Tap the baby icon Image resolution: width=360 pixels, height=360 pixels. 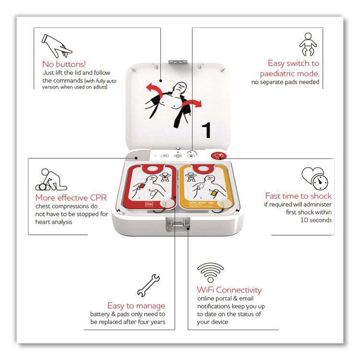pyautogui.click(x=308, y=45)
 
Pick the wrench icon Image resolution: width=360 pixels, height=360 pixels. pyautogui.click(x=149, y=284)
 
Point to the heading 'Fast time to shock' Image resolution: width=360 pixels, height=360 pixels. pyautogui.click(x=298, y=196)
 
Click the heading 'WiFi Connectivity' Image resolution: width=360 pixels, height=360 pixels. pyautogui.click(x=229, y=290)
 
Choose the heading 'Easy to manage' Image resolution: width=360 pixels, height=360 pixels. pyautogui.click(x=136, y=305)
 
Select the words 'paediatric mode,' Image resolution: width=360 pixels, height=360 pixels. pyautogui.click(x=289, y=73)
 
